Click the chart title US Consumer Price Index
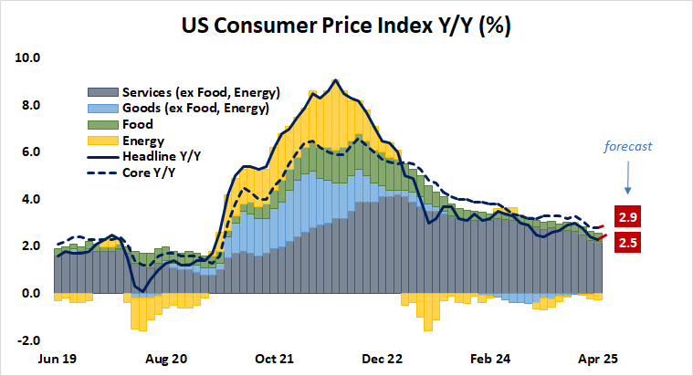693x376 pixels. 346,25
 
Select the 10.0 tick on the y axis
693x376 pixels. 27,57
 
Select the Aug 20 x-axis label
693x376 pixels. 167,360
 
